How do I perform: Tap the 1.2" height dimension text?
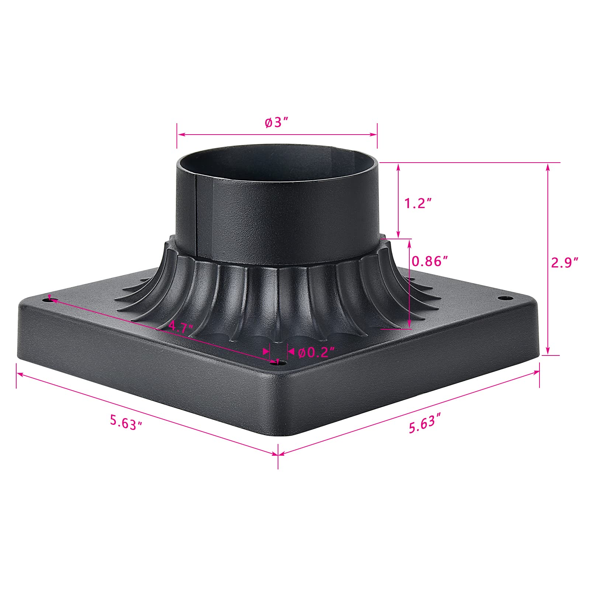pyautogui.click(x=418, y=203)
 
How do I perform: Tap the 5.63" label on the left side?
pyautogui.click(x=126, y=421)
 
